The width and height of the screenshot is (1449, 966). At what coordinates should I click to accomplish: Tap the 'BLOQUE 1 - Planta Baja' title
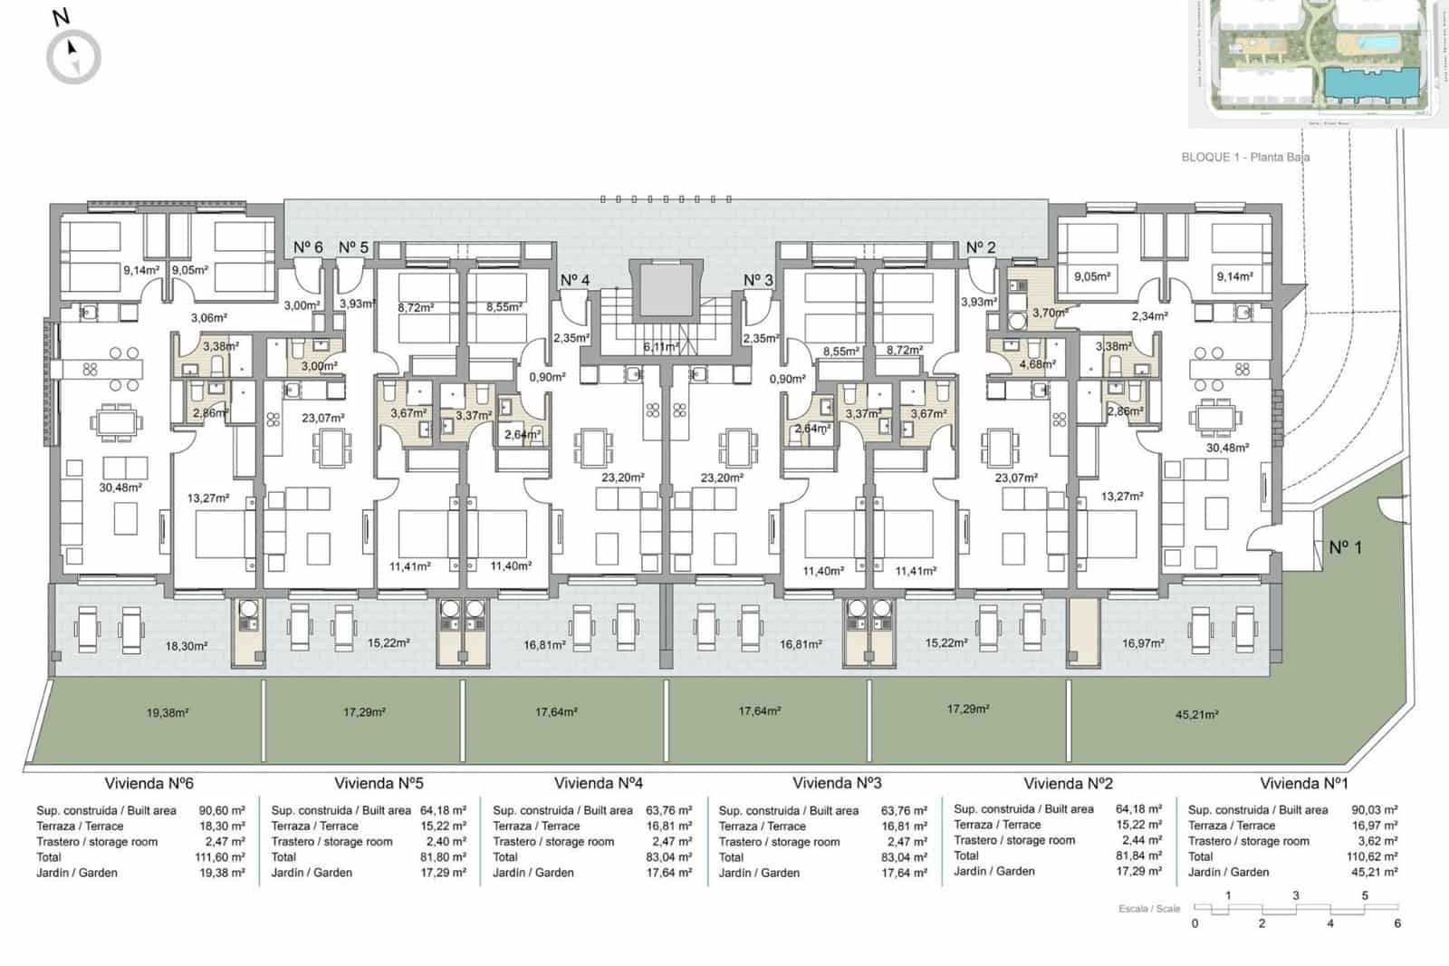point(1245,157)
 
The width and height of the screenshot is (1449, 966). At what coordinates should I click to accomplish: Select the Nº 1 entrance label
point(1345,547)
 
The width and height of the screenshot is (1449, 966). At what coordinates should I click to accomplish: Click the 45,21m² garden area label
point(1196,714)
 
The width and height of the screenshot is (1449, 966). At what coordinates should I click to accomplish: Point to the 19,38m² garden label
point(168,713)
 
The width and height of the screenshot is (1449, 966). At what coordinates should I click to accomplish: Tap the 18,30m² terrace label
point(187,646)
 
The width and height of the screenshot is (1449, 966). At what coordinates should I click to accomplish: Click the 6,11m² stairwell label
point(661,347)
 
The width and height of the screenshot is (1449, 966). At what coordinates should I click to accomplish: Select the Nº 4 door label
point(575,280)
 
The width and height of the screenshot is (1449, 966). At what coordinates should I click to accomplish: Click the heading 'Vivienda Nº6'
point(149,784)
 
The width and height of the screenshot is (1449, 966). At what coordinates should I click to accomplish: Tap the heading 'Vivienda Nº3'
point(837,783)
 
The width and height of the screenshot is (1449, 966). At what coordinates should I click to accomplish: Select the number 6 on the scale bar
point(1397,923)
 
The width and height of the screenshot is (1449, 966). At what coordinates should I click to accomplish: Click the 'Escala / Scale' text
point(1149,908)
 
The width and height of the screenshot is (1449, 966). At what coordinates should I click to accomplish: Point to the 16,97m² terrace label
point(1143,643)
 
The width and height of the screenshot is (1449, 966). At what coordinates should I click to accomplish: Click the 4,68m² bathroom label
point(1037,364)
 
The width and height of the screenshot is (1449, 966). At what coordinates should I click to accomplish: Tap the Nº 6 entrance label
point(308,247)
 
